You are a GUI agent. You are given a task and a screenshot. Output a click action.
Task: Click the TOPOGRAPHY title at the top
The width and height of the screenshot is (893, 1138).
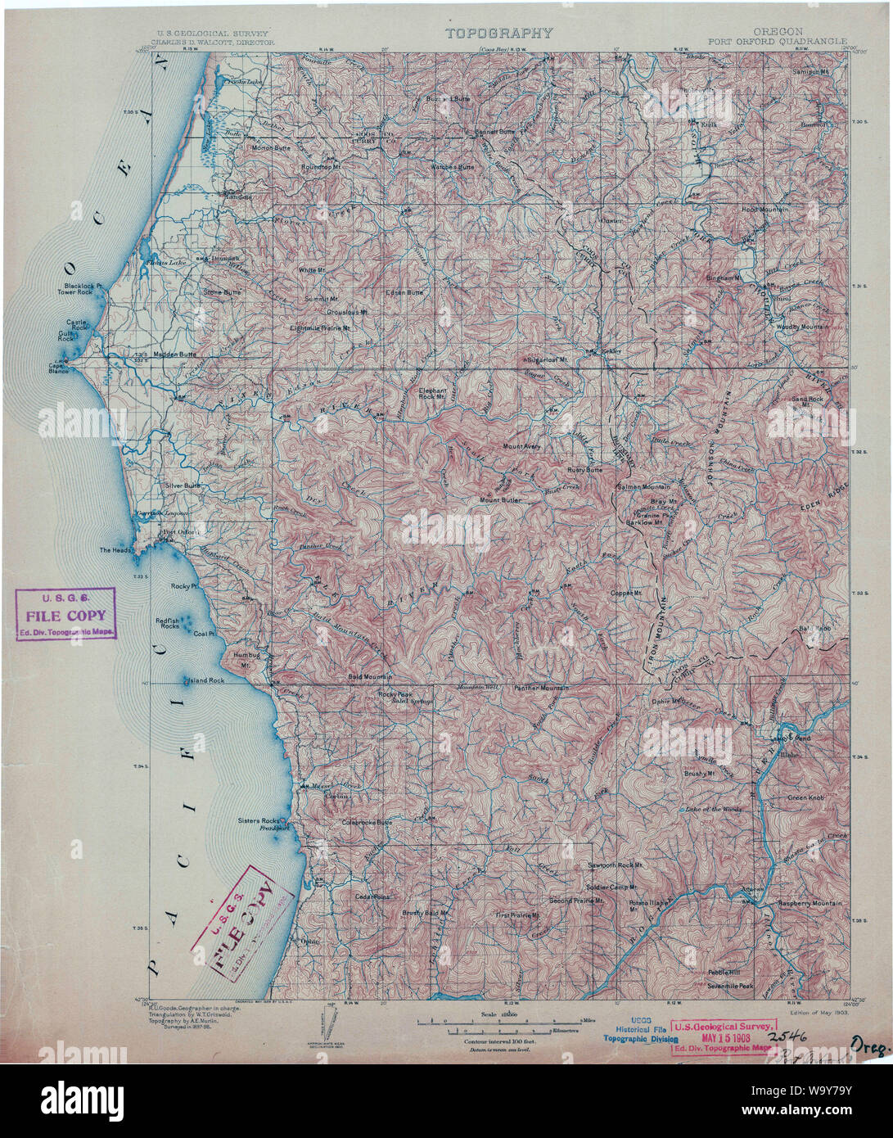tap(498, 34)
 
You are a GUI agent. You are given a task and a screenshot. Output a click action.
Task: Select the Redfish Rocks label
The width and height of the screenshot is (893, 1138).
tap(168, 624)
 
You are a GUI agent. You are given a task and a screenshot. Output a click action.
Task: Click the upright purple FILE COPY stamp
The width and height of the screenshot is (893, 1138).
tap(66, 615)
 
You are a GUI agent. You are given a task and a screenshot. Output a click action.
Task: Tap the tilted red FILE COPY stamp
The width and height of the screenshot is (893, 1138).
tap(243, 920)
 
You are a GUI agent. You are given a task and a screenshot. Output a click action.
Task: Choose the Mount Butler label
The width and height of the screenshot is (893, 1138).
tap(499, 499)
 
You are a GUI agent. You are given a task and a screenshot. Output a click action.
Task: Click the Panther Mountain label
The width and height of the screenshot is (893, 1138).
tap(540, 688)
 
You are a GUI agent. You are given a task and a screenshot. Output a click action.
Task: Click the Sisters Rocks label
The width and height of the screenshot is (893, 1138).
tap(259, 820)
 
